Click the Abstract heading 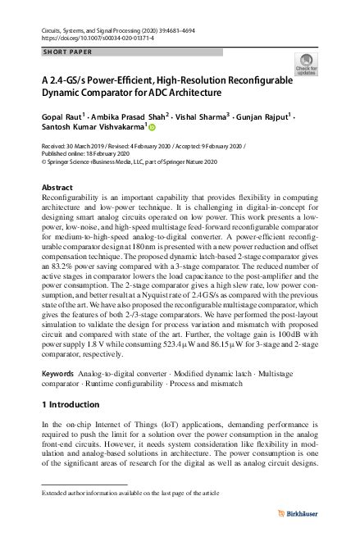click(57, 188)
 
